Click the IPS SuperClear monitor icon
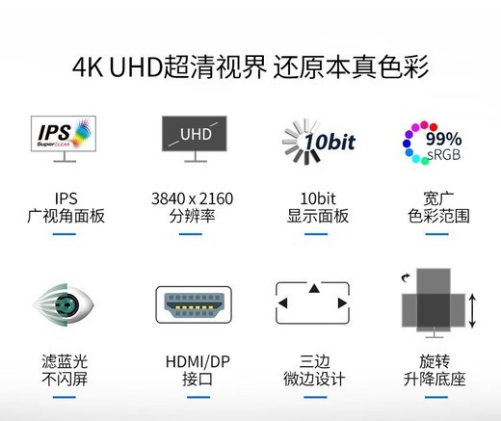(x=64, y=139)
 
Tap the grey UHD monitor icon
(x=195, y=139)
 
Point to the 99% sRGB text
(x=444, y=146)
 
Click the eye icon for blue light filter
(x=64, y=304)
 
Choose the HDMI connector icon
(x=194, y=304)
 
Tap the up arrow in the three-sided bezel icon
(x=314, y=288)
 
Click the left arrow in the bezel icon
(x=282, y=303)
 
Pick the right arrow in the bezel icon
(x=342, y=303)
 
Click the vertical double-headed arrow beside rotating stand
(x=472, y=311)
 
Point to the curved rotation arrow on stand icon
(x=406, y=277)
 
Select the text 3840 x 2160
(x=192, y=198)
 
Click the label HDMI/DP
(x=198, y=361)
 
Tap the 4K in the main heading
(x=88, y=67)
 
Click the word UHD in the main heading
(x=136, y=67)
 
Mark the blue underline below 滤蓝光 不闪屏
(x=65, y=397)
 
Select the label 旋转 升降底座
(x=435, y=370)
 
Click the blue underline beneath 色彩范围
(x=436, y=234)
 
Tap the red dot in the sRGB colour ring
(x=434, y=127)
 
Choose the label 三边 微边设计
(x=314, y=370)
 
